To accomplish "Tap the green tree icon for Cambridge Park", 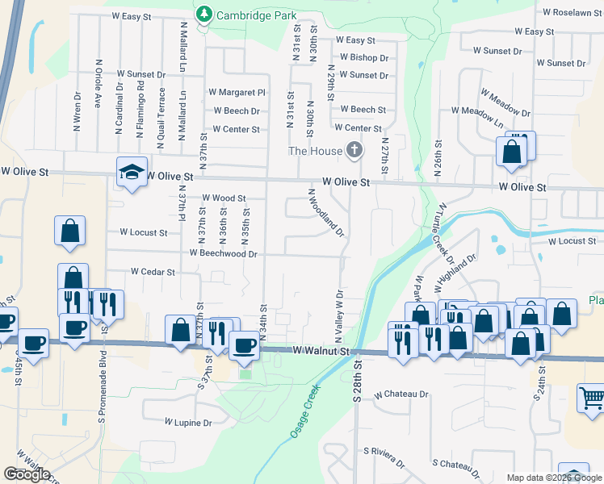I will point(205,15).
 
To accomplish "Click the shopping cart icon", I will point(591,398).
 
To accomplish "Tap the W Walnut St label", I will point(321,352).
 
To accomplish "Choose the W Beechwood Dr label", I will point(223,253).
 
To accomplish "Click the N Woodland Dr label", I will point(327,213).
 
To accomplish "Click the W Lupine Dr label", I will point(187,422).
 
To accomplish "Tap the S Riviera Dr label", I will point(384,457).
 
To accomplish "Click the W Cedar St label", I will point(148,272).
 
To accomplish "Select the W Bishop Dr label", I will point(363,58).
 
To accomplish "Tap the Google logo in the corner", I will point(27,474).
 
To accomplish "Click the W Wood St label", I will point(223,198).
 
